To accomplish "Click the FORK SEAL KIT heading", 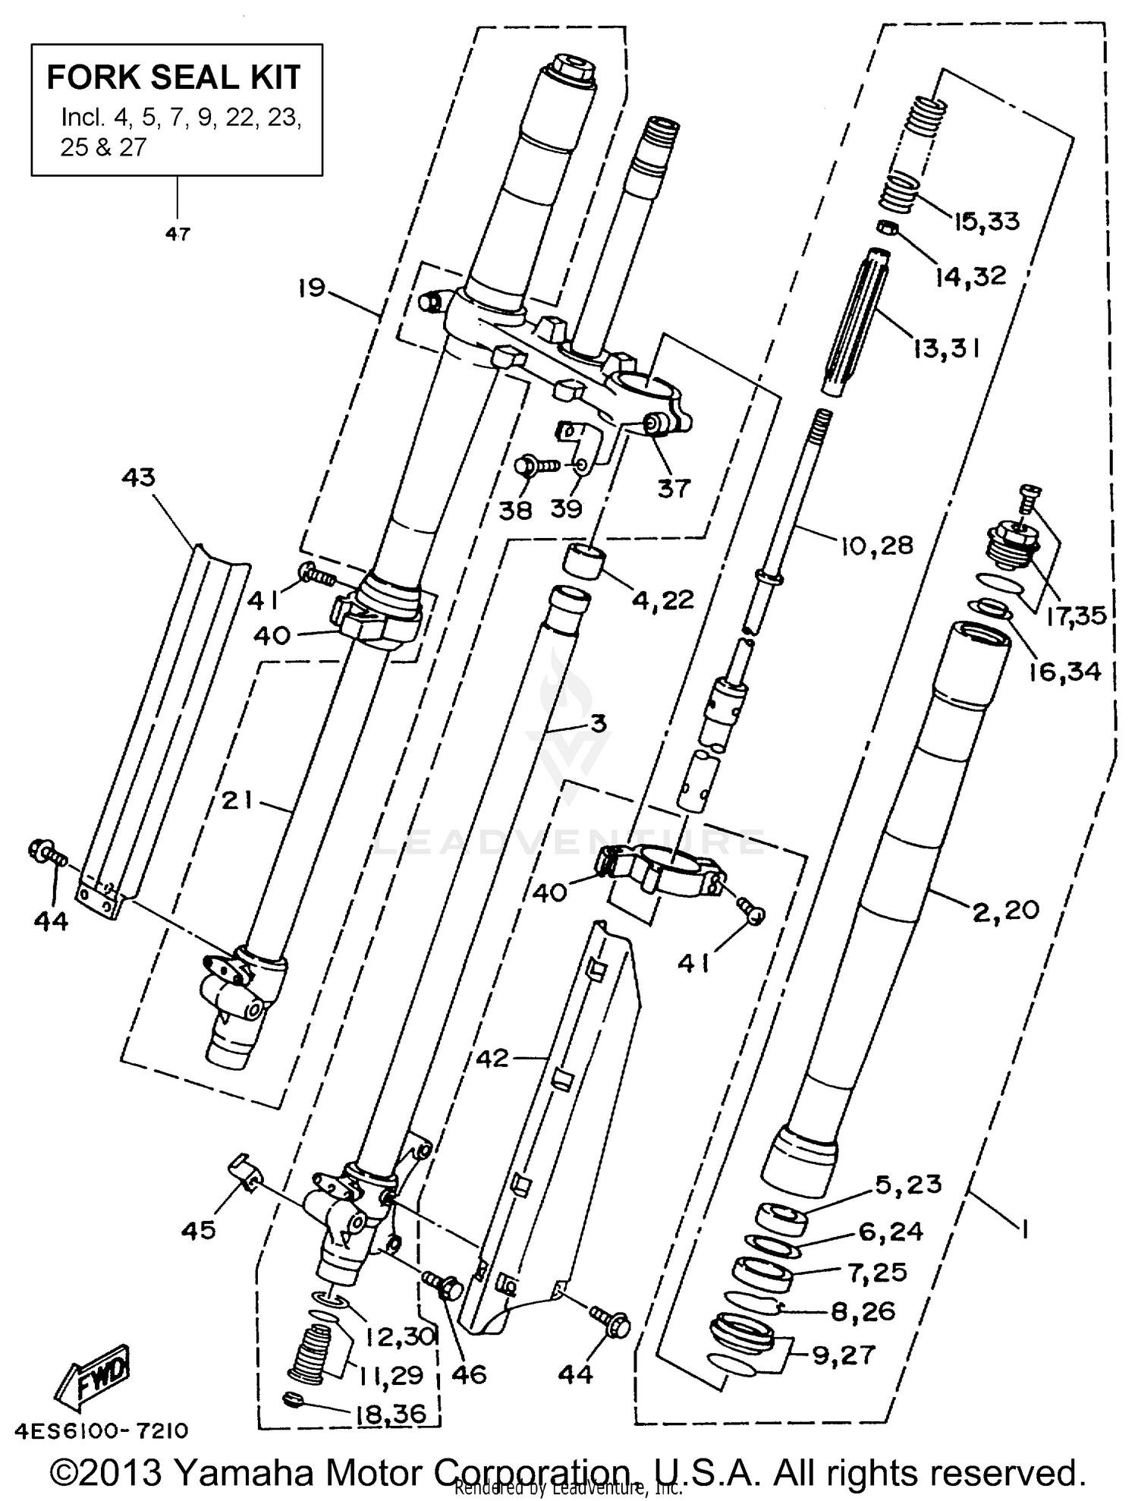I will (x=174, y=77).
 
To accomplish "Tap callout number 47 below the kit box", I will (x=178, y=234).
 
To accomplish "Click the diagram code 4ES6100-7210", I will (x=101, y=1431).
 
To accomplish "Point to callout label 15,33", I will (x=986, y=222).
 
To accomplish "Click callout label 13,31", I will (x=947, y=348).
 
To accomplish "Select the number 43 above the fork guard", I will (x=138, y=477).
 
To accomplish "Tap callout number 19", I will (x=311, y=288).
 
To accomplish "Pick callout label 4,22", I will (x=662, y=600).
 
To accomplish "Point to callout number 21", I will (x=237, y=800).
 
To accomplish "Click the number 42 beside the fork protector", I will (x=493, y=1058).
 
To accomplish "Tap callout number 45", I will (x=198, y=1230).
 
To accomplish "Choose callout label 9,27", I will (x=844, y=1355).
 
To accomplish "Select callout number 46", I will (x=468, y=1374).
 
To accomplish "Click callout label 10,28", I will (x=877, y=545).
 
